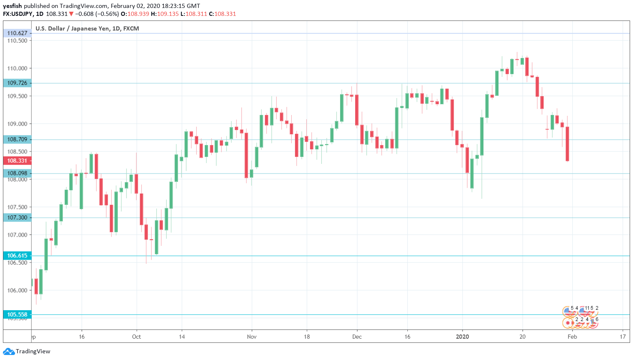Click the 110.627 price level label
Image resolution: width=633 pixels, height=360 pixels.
click(x=17, y=33)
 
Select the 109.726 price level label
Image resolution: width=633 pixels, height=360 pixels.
click(x=17, y=83)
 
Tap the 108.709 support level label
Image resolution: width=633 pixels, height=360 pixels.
click(x=17, y=139)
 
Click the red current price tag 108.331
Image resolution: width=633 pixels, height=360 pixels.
click(x=17, y=161)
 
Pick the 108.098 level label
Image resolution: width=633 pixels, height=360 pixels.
click(x=17, y=173)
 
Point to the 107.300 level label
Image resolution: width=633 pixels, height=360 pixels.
click(x=17, y=217)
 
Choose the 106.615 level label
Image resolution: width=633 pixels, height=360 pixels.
click(x=17, y=255)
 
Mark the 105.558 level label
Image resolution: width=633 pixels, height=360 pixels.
click(x=17, y=314)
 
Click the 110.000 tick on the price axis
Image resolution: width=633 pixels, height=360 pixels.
click(x=17, y=68)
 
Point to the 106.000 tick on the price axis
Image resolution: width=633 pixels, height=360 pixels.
click(x=17, y=290)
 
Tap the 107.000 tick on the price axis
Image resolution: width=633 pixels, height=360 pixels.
click(x=17, y=235)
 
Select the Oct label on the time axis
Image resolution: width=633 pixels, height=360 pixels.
click(x=136, y=337)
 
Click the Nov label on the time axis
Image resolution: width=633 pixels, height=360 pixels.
click(x=252, y=337)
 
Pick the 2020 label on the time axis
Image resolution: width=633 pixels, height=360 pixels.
click(x=462, y=337)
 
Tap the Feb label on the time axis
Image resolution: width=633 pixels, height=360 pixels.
click(x=572, y=337)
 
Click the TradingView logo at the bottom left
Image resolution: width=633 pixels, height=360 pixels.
click(x=27, y=351)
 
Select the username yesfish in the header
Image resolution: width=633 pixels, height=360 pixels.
click(x=13, y=6)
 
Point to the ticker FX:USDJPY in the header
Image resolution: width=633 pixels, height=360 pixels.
click(x=18, y=14)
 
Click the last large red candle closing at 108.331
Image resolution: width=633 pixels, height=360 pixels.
click(x=567, y=144)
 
